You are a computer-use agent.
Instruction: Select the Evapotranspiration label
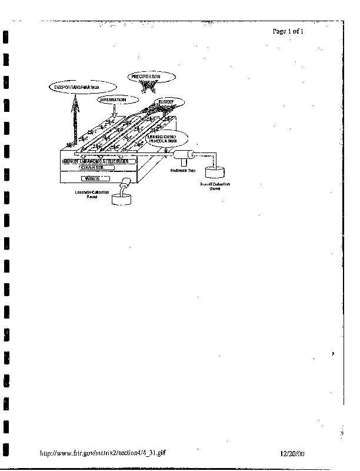74,88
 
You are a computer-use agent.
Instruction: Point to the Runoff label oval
165,102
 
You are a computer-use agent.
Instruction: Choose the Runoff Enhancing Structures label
98,161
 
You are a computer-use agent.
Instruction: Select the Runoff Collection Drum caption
215,187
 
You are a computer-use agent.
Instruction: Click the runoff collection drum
216,173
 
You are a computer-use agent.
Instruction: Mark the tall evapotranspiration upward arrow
75,121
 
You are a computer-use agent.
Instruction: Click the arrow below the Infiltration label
116,111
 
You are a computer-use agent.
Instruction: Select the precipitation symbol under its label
146,87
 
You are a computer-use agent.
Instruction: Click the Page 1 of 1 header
288,31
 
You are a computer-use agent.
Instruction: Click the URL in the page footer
106,454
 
